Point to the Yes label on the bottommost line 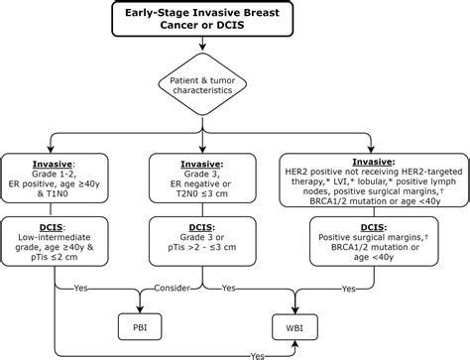pos(258,353)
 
